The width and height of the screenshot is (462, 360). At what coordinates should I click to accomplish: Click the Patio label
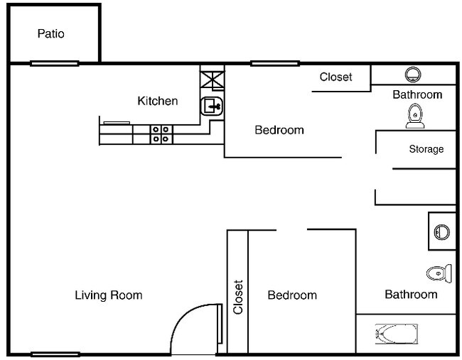tap(50, 33)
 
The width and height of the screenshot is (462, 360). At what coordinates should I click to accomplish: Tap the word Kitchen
tap(157, 101)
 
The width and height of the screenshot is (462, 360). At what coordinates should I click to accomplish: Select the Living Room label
tap(108, 295)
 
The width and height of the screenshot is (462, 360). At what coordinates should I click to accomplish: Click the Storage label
tap(426, 149)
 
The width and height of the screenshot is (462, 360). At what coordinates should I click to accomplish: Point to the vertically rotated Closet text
tap(238, 297)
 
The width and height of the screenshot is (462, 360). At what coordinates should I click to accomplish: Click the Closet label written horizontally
tap(335, 77)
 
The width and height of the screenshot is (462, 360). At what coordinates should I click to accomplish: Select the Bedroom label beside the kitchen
tap(279, 130)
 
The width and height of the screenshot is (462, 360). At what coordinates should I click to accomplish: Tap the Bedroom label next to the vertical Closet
tap(292, 295)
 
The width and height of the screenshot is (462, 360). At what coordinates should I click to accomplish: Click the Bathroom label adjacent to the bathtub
tap(411, 294)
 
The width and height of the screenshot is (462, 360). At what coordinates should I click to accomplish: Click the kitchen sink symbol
tap(213, 107)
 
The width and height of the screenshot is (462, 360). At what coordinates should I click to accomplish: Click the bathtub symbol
tap(396, 333)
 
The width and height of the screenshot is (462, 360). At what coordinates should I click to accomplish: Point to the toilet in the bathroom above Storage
tap(414, 117)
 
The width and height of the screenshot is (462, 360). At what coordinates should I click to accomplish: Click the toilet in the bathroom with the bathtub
tap(438, 273)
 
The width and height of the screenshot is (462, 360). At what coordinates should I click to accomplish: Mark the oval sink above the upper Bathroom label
tap(413, 74)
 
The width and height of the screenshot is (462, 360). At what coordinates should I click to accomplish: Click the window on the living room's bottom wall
tap(55, 354)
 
